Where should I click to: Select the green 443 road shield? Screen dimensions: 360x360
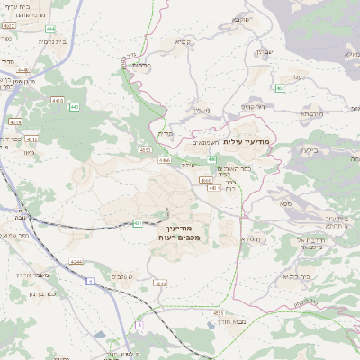(75, 107)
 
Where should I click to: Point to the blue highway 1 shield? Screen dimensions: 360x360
(92, 283)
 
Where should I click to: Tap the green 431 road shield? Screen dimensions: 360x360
(138, 222)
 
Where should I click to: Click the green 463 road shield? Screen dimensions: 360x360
(281, 88)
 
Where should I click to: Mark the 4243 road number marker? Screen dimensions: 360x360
(160, 283)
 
